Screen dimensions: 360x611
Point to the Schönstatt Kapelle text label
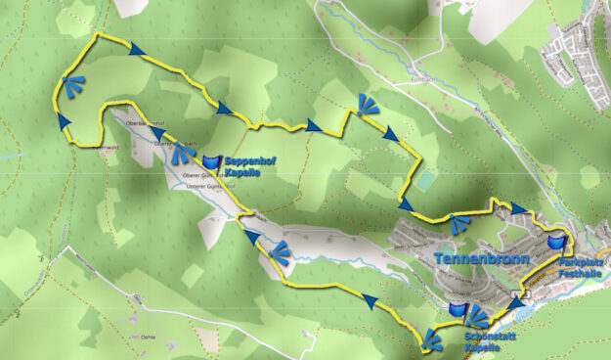tap(485, 340)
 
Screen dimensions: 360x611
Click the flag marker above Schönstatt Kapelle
tap(458, 310)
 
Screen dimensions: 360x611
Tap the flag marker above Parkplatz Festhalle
tap(557, 241)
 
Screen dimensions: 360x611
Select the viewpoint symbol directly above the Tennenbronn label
tap(458, 224)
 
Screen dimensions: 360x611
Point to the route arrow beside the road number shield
tap(515, 304)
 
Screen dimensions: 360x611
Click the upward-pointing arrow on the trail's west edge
tap(65, 119)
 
